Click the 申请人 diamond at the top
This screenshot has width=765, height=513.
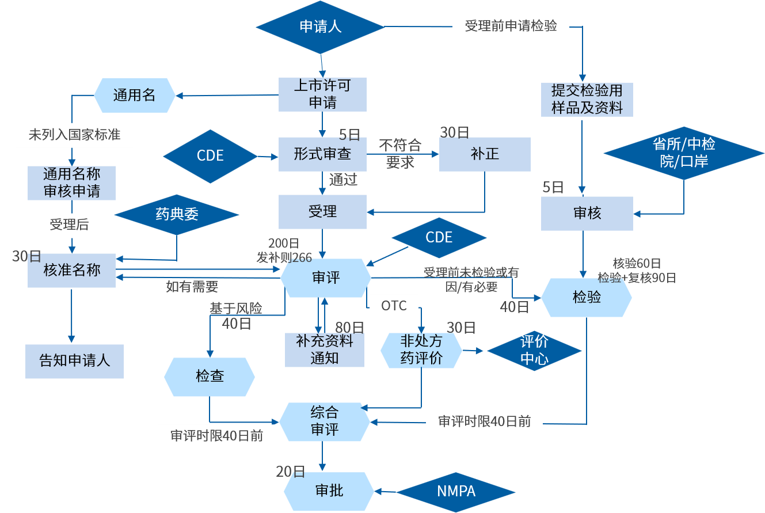(321, 26)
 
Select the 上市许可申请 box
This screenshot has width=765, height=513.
(322, 94)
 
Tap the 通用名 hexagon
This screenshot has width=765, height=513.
(135, 95)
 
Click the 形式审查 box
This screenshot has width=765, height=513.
(322, 154)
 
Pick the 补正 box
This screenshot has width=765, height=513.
(485, 154)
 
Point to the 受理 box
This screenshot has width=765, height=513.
(322, 211)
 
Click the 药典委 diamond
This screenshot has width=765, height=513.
(177, 215)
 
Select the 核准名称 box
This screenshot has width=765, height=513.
(72, 270)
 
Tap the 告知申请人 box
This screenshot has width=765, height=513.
(74, 362)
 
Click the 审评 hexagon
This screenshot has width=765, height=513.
(326, 278)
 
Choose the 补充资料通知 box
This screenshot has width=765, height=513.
(325, 349)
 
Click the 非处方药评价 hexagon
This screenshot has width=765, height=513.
(421, 349)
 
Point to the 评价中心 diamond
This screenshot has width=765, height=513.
(534, 350)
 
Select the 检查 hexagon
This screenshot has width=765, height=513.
(210, 377)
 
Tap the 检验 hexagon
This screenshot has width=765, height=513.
(587, 297)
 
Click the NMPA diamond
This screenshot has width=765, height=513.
(456, 492)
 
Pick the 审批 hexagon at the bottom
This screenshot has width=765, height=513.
(329, 491)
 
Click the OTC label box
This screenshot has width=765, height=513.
(394, 306)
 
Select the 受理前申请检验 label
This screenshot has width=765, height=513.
(511, 26)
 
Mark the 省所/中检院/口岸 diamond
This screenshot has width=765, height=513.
(684, 153)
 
